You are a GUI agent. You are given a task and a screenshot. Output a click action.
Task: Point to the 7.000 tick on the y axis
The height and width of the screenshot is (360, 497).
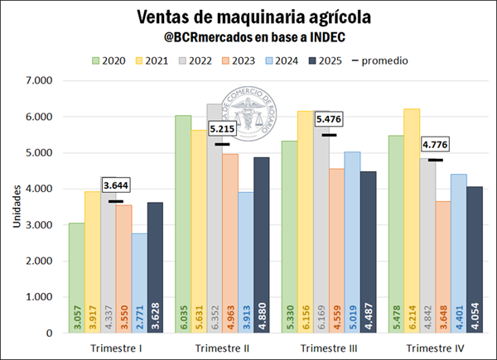coord(39,81)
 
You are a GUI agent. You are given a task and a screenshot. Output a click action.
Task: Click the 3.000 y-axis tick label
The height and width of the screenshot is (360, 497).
coord(39,225)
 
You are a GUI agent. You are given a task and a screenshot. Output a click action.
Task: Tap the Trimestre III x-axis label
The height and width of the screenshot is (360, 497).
coord(330,348)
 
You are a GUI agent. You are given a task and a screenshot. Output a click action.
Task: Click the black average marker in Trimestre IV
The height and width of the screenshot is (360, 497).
coord(435,160)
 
